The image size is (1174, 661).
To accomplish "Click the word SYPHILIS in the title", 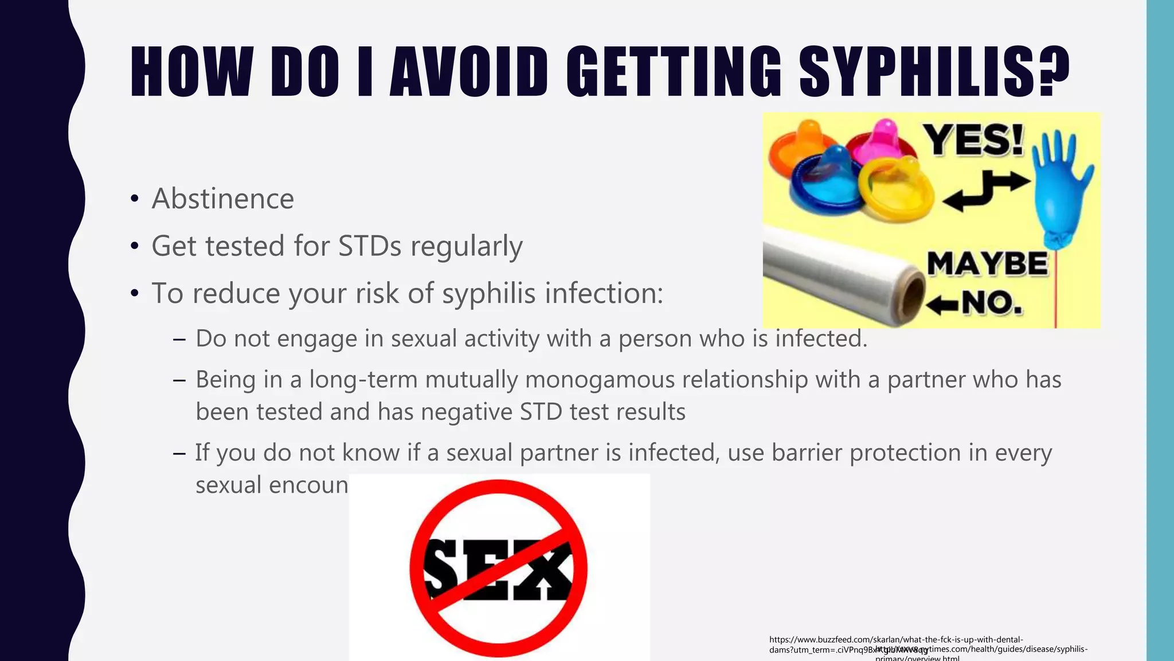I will (x=934, y=71).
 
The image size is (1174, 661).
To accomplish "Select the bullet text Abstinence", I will (x=222, y=199).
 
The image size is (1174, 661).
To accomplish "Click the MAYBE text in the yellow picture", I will (x=988, y=264).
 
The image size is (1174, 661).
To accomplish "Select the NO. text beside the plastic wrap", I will (x=992, y=302).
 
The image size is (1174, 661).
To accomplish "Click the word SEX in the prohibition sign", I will (x=498, y=568).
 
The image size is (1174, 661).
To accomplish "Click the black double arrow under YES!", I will (x=986, y=189).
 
